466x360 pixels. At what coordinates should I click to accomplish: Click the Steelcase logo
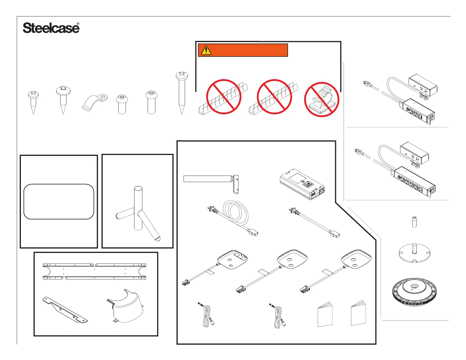pos(51,28)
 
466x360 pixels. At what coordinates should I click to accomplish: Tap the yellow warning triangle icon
pos(206,50)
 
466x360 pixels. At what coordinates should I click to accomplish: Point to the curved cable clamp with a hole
pos(94,102)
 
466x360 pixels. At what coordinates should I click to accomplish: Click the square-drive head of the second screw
pos(63,89)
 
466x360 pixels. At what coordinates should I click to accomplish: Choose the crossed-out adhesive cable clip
pos(322,99)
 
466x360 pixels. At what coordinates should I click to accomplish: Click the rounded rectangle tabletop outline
pos(59,202)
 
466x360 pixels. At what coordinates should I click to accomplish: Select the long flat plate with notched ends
pos(94,271)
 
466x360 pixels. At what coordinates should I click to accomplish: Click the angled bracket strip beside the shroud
pos(65,310)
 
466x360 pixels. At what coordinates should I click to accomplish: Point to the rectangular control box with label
pos(302,184)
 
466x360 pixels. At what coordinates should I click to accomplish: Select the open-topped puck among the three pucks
pos(232,259)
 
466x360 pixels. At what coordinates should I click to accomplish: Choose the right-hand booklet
pos(359,314)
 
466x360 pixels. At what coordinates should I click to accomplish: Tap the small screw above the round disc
pos(414,221)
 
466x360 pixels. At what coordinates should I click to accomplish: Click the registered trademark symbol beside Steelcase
pos(78,24)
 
